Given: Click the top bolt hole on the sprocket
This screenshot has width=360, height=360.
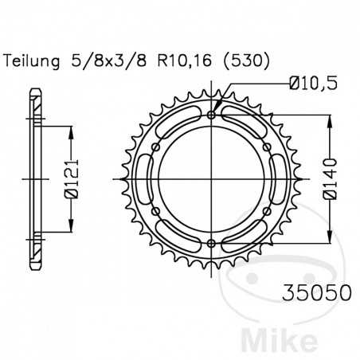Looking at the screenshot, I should [211, 115].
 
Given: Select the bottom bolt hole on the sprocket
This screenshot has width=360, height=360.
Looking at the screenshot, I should [211, 243].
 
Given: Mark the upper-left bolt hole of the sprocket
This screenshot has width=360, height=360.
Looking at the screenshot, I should [156, 147].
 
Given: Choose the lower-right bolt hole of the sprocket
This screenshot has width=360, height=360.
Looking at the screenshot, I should [266, 211].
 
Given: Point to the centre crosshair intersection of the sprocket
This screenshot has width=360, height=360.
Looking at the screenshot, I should [211, 179].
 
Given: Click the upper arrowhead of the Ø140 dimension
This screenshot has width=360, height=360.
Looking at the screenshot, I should [328, 119].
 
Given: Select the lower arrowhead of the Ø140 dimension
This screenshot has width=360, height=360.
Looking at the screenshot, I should [328, 239].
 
